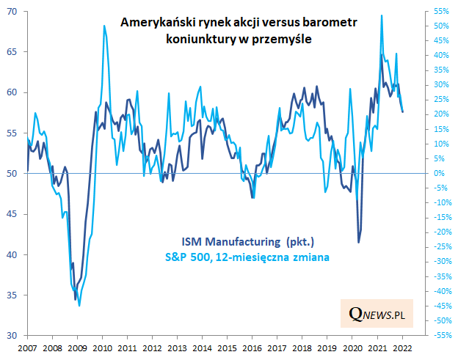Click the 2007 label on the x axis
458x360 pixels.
coord(27,348)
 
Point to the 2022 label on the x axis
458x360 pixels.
coord(403,348)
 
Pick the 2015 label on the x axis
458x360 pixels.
coord(228,348)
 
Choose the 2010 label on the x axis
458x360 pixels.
coord(102,348)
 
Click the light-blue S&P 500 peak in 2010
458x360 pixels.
coord(104,26)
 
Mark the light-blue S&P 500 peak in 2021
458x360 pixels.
coord(382,15)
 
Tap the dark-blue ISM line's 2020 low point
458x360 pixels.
coord(358,242)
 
